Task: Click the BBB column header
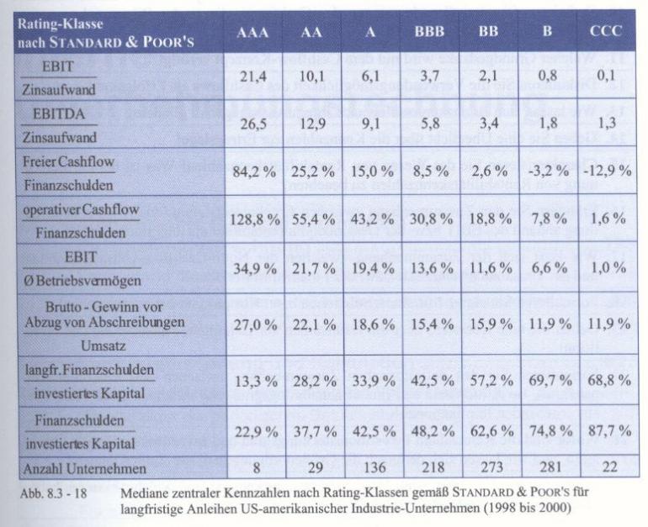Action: [429, 34]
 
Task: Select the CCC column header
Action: [604, 34]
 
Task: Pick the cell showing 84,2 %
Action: [254, 171]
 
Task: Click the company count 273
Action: [489, 469]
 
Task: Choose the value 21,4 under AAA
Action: [254, 78]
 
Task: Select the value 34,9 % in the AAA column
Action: [254, 267]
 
